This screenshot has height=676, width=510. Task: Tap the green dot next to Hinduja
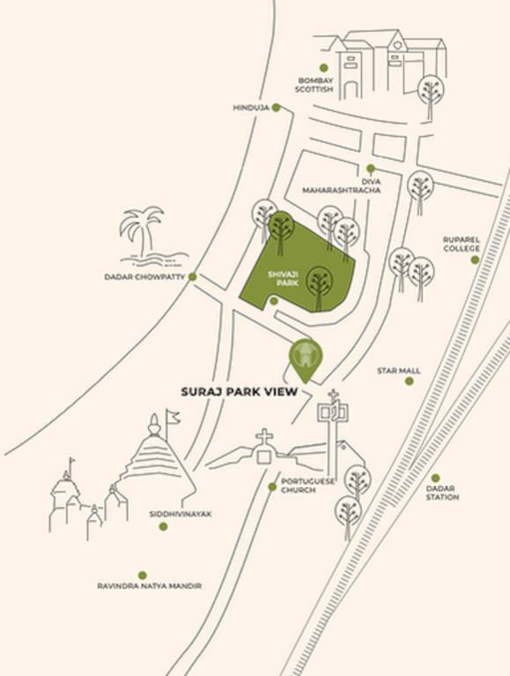click(x=276, y=107)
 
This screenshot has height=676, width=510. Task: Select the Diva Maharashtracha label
click(x=342, y=186)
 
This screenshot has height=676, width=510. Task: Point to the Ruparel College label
click(x=462, y=243)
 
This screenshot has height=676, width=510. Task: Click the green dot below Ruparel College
click(x=475, y=260)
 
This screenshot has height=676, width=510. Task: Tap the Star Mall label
click(x=398, y=371)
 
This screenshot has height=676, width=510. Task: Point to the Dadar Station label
click(x=442, y=493)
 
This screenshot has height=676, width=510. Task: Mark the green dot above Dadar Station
click(x=435, y=477)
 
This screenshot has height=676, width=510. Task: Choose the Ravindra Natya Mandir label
click(x=149, y=585)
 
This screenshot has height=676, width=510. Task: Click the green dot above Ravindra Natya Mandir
click(x=143, y=575)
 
